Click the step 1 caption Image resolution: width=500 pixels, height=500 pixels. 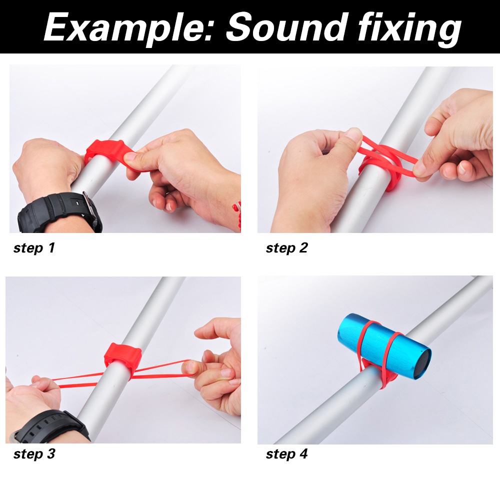click(34, 248)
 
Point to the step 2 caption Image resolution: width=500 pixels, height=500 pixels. click(286, 248)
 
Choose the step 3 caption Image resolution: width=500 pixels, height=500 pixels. click(34, 454)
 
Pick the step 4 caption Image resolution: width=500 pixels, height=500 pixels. click(286, 454)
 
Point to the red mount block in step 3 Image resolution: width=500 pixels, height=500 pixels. click(122, 357)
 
